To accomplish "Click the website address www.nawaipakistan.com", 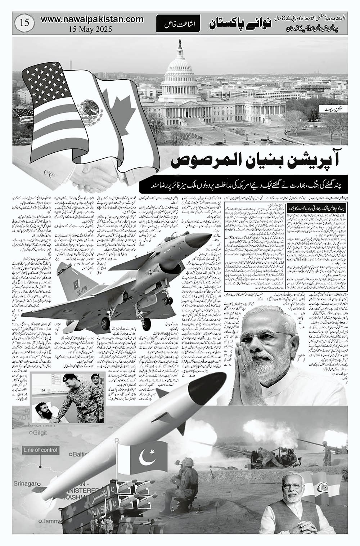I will [86, 20].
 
